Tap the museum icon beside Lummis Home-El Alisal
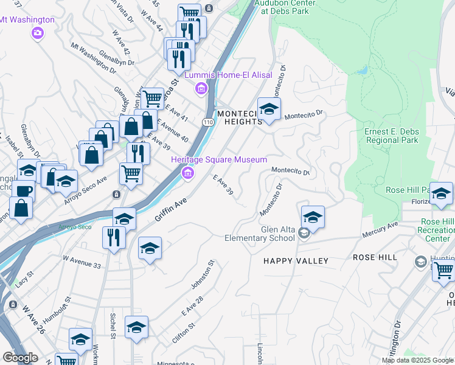(x=201, y=89)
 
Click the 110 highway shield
(x=208, y=122)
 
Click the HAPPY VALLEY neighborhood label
(x=296, y=261)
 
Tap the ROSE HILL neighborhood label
(x=375, y=257)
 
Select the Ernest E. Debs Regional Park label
(x=391, y=136)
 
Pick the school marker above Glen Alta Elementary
(x=312, y=217)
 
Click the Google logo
(x=20, y=358)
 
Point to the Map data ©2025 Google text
(x=417, y=360)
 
